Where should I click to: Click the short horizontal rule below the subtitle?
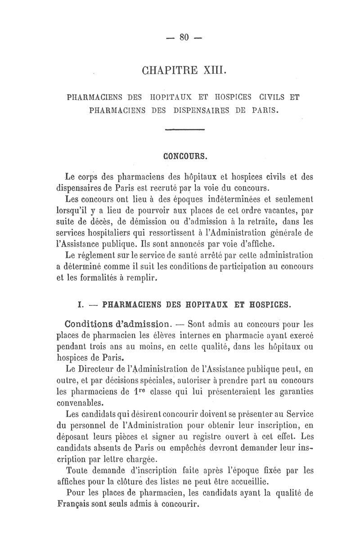click(x=185, y=130)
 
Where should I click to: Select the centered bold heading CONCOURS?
click(x=184, y=157)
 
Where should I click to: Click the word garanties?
click(x=294, y=391)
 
